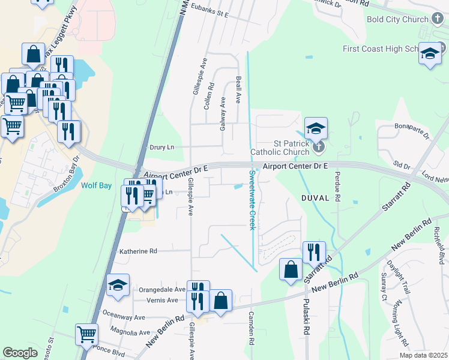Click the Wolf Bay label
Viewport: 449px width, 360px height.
[x=97, y=186]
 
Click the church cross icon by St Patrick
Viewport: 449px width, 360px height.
[x=319, y=146]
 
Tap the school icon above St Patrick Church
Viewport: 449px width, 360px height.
[x=316, y=128]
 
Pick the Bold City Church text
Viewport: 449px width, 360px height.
[x=397, y=19]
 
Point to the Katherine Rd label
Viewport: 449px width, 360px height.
[x=138, y=251]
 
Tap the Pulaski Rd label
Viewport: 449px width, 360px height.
[x=306, y=317]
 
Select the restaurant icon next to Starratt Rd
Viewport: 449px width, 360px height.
[x=314, y=252]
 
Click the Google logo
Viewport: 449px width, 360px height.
[x=20, y=353]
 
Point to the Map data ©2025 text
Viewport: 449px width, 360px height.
[x=423, y=355]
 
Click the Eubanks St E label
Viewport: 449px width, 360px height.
[x=210, y=13]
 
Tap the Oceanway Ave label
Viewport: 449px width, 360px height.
[x=124, y=317]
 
